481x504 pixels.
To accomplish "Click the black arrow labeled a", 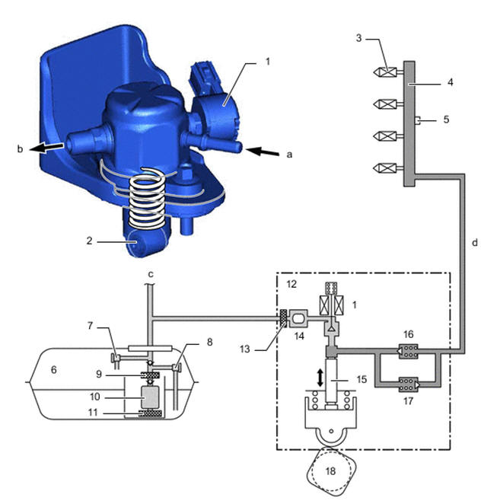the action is click(x=263, y=152).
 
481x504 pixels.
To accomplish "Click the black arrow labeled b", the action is click(x=46, y=148).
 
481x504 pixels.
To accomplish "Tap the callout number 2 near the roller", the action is click(x=89, y=241).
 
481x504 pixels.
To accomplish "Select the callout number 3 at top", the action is click(x=358, y=38).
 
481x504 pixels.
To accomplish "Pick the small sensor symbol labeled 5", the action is click(x=418, y=120).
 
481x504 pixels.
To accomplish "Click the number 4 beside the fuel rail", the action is click(x=450, y=82).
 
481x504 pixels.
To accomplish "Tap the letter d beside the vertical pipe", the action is click(x=475, y=243).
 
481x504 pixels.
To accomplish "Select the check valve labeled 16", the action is click(x=408, y=351).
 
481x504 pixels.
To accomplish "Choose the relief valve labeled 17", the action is click(x=409, y=384).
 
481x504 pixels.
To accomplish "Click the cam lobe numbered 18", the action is click(x=330, y=471).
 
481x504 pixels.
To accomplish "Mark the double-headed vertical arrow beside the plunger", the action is click(x=320, y=378).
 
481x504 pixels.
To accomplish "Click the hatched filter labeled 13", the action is click(x=283, y=318).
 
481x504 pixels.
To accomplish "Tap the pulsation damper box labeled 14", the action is click(x=298, y=318).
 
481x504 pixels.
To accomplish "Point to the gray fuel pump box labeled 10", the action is click(x=150, y=397).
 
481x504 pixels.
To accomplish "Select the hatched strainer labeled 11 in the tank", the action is click(x=150, y=413).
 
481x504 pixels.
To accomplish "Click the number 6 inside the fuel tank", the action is click(x=54, y=370).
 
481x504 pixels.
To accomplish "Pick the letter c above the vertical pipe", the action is click(x=151, y=275).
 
